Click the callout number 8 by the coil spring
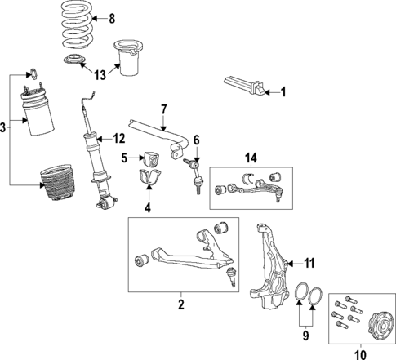[113, 18]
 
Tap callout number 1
[283, 92]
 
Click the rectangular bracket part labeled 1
[245, 85]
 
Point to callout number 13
[99, 75]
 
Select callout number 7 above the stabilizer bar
[163, 109]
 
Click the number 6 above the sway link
[196, 140]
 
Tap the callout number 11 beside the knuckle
[309, 262]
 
